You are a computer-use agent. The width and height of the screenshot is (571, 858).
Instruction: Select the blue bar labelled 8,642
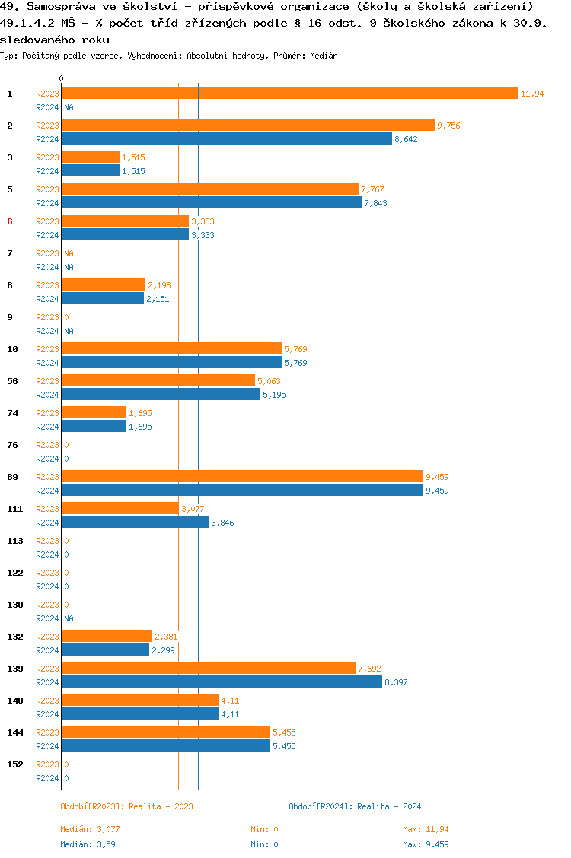pyautogui.click(x=227, y=139)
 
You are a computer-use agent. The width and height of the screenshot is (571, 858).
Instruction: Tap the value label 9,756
pyautogui.click(x=448, y=126)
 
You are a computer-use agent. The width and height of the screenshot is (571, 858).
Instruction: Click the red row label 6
pyautogui.click(x=10, y=221)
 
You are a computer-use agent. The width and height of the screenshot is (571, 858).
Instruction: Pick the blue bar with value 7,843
pyautogui.click(x=212, y=203)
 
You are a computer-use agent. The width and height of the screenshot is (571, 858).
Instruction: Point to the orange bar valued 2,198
pyautogui.click(x=104, y=285)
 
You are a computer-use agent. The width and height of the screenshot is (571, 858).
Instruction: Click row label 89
pyautogui.click(x=12, y=477)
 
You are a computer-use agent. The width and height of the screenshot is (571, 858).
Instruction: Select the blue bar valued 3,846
pyautogui.click(x=135, y=523)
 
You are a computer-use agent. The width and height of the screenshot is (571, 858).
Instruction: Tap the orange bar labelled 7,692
pyautogui.click(x=209, y=669)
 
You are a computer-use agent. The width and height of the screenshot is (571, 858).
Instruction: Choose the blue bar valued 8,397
pyautogui.click(x=222, y=682)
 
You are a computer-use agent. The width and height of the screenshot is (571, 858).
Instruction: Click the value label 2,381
pyautogui.click(x=166, y=637)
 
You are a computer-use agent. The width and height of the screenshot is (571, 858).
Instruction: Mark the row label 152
pyautogui.click(x=14, y=764)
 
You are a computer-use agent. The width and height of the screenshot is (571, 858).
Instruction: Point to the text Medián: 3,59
pyautogui.click(x=88, y=844)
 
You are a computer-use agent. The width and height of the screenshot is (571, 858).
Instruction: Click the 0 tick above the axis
pyautogui.click(x=61, y=78)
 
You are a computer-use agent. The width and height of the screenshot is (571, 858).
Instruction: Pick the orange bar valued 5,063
pyautogui.click(x=158, y=381)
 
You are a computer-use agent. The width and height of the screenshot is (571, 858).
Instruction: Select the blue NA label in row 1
pyautogui.click(x=69, y=108)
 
